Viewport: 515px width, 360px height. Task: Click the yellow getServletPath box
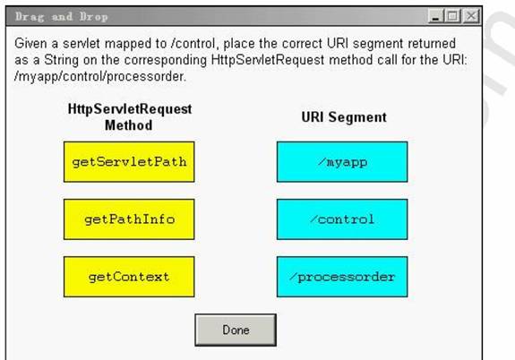pos(129,161)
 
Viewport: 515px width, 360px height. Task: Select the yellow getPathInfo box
pos(129,219)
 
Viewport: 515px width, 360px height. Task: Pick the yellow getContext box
pos(129,277)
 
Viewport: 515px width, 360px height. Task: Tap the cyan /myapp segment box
pos(342,161)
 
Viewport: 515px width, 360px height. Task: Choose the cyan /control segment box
pos(342,219)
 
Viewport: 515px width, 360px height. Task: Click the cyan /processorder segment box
pos(342,277)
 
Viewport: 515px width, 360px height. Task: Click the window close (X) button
pos(471,16)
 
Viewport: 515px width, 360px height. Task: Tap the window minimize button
pos(436,16)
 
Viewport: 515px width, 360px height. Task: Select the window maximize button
pos(453,16)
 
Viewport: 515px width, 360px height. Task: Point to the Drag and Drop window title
pos(62,17)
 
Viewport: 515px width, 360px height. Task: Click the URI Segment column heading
pos(344,117)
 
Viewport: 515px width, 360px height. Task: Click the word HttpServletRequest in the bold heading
pos(130,109)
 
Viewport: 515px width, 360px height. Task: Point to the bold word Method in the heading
pos(128,125)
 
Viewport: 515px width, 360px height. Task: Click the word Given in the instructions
pos(30,43)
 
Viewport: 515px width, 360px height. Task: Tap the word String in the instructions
pos(62,60)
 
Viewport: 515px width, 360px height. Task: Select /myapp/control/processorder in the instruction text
pos(100,76)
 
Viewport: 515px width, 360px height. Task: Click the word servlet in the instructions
pos(82,43)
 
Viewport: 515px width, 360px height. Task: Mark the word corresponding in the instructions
pos(166,60)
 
